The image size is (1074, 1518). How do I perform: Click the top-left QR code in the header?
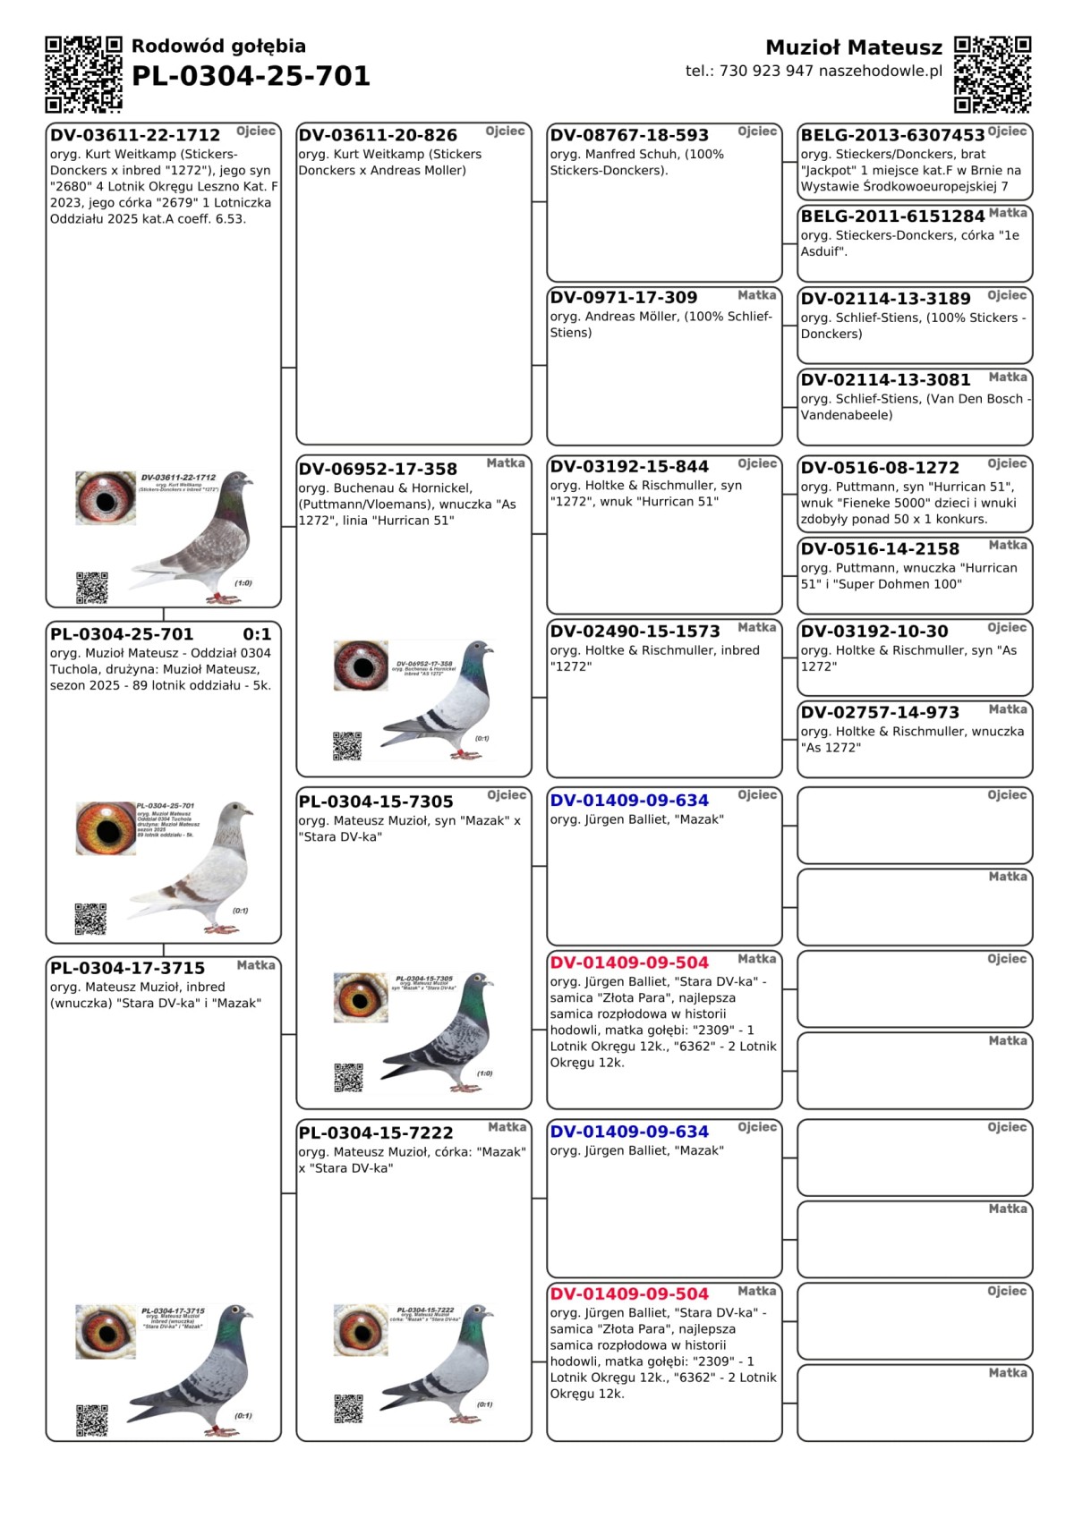coord(83,74)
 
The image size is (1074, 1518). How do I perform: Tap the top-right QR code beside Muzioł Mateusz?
coord(992,74)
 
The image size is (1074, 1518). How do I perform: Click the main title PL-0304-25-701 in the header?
coord(251,76)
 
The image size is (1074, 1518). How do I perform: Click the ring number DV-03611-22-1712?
coord(135,135)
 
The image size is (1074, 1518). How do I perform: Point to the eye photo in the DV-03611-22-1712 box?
coord(106,498)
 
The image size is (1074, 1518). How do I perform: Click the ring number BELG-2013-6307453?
coord(892,135)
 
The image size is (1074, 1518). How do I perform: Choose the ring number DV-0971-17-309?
coord(623,297)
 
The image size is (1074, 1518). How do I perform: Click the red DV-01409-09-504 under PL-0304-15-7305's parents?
coord(629,963)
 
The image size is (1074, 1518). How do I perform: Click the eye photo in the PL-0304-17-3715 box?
coord(106,1331)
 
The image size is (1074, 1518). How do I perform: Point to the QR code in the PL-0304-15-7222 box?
coord(348,1409)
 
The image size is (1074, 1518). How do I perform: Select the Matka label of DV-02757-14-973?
coord(1008,709)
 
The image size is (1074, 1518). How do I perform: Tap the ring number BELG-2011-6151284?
coord(892,216)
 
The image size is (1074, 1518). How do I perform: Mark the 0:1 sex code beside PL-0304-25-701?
coord(257,634)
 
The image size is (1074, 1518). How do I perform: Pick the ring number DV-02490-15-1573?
coord(635,631)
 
